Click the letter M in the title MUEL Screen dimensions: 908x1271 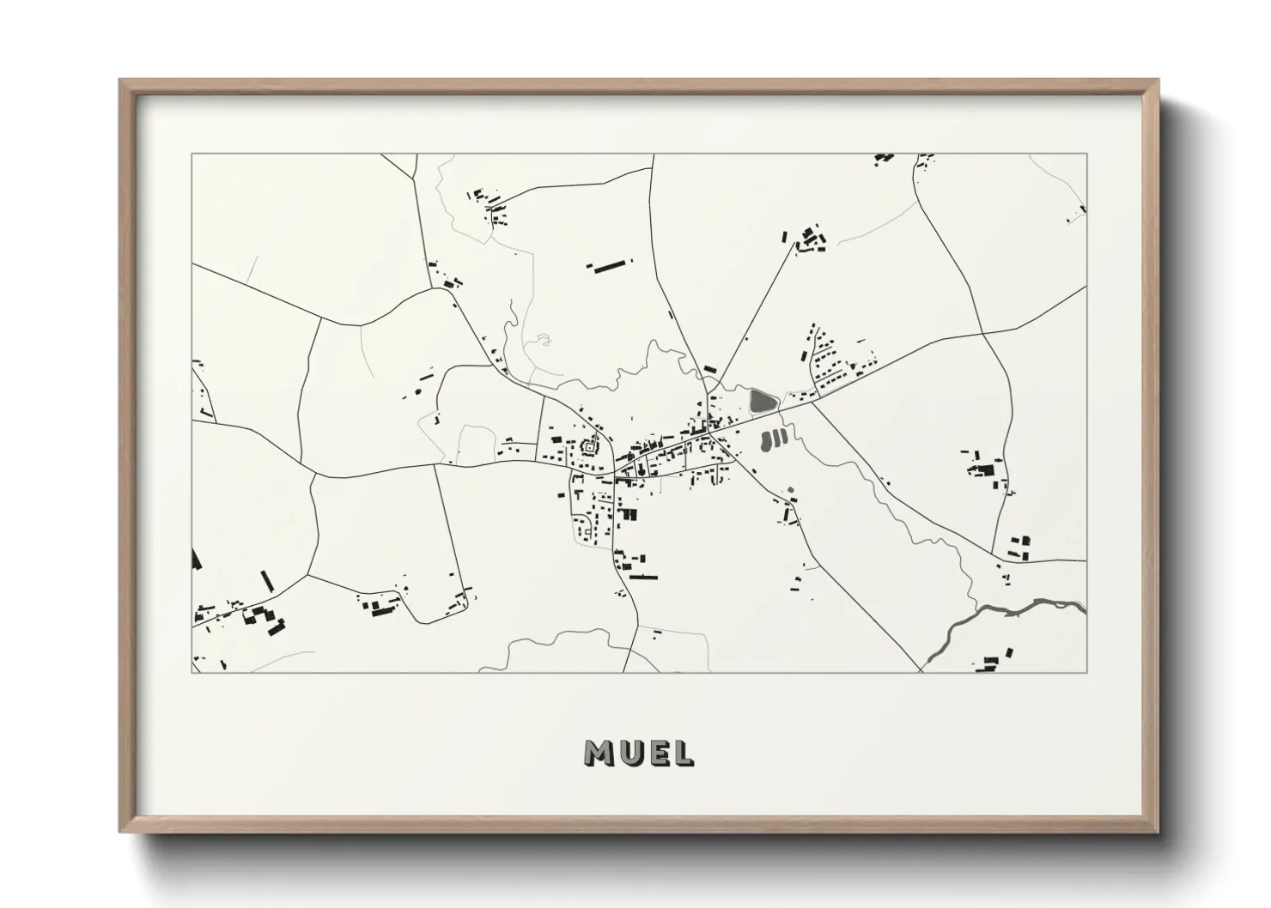[x=600, y=753]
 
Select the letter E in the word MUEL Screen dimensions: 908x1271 [x=661, y=753]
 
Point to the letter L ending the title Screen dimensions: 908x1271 [x=684, y=753]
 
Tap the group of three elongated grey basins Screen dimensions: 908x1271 [x=774, y=440]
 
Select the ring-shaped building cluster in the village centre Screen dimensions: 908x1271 [x=590, y=446]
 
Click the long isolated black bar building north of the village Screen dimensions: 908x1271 [x=609, y=265]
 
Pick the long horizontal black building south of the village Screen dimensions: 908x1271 [x=642, y=577]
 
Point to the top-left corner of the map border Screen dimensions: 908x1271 [x=192, y=154]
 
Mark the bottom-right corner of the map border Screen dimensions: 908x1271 [x=1086, y=672]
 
